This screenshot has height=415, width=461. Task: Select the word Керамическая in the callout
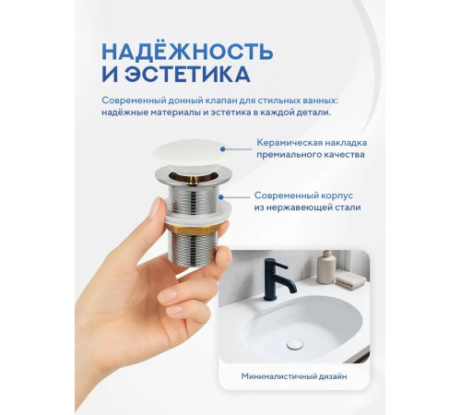(x=290, y=143)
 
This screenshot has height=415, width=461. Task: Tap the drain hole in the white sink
(x=295, y=344)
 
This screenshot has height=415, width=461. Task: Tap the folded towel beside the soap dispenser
(x=349, y=278)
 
